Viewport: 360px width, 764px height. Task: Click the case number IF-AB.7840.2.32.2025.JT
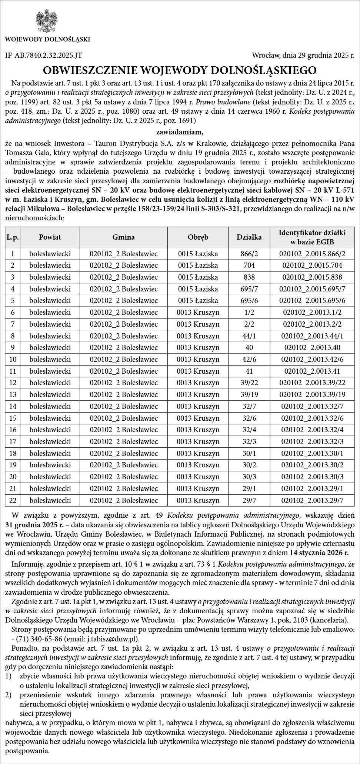[x=44, y=56]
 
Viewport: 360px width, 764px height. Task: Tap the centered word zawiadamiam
[x=180, y=131]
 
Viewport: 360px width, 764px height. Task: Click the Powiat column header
[x=50, y=237]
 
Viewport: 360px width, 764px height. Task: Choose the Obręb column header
[x=198, y=237]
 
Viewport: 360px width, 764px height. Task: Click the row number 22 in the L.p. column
[x=13, y=500]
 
